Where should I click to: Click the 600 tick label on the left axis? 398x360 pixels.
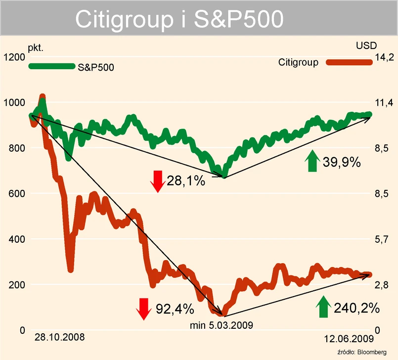pos(16,194)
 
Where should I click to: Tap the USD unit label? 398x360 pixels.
pos(366,46)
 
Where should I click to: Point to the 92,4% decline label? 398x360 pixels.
pos(175,309)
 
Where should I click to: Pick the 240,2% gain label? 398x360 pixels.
pos(357,308)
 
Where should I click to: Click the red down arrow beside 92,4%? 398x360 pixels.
pos(144,309)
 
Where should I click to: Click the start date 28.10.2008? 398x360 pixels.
pos(60,337)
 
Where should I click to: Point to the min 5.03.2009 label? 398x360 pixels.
pos(221,325)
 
